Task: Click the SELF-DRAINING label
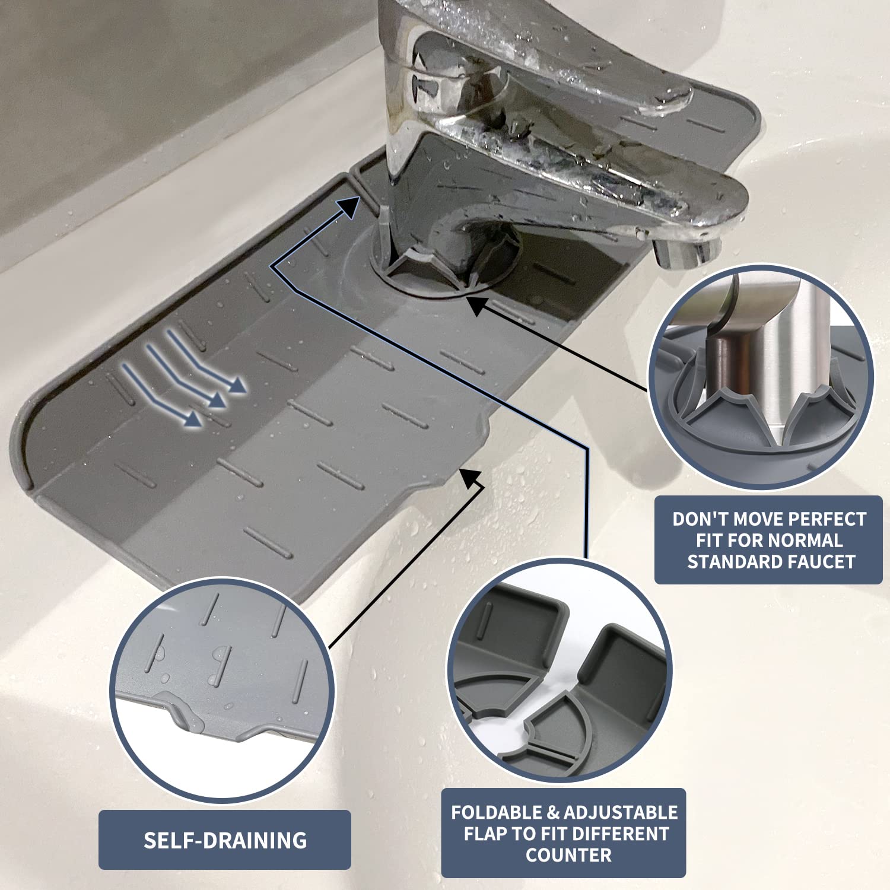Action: pos(225,840)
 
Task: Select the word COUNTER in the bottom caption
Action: pos(568,855)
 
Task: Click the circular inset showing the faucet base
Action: pos(759,377)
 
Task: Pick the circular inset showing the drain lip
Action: pos(222,691)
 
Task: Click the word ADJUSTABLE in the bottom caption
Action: pos(620,812)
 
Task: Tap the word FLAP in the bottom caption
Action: pos(485,834)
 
